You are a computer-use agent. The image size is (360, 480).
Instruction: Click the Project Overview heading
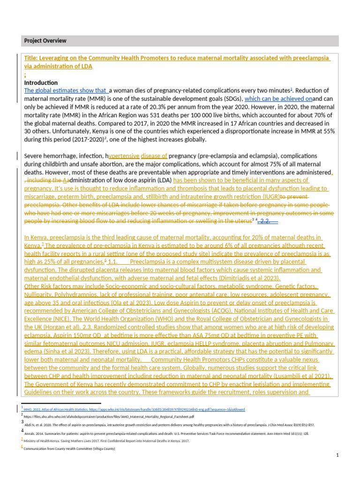tap(45, 41)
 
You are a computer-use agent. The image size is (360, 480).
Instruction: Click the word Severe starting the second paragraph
tap(35, 156)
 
